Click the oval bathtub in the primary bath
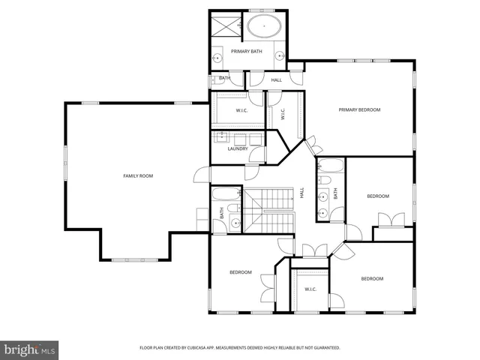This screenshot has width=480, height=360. pyautogui.click(x=264, y=26)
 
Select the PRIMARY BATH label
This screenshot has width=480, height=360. pyautogui.click(x=246, y=51)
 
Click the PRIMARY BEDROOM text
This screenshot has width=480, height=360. pyautogui.click(x=359, y=109)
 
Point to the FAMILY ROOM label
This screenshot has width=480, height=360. pyautogui.click(x=138, y=175)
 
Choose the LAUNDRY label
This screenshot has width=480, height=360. pyautogui.click(x=238, y=148)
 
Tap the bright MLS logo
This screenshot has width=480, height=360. pyautogui.click(x=29, y=349)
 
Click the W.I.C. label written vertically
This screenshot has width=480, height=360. pyautogui.click(x=283, y=115)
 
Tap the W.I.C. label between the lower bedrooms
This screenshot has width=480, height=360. pyautogui.click(x=310, y=289)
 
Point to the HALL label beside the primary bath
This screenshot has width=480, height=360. pyautogui.click(x=276, y=79)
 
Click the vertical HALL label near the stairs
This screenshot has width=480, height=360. pyautogui.click(x=302, y=193)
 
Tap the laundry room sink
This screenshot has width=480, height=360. pyautogui.click(x=221, y=136)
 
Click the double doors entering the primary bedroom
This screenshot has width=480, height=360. pyautogui.click(x=309, y=144)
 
